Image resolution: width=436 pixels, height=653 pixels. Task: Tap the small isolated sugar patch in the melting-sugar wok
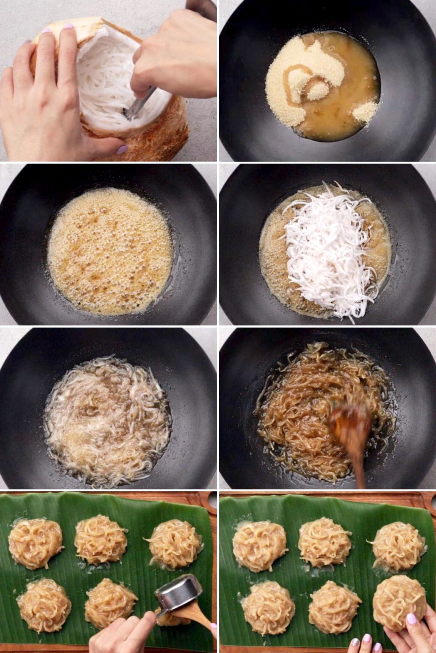365,112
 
